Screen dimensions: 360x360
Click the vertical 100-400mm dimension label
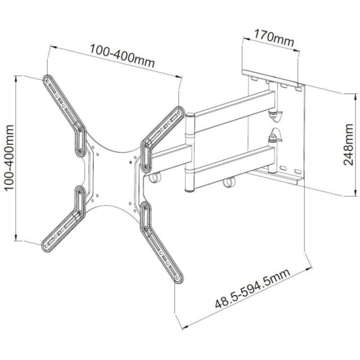(x=8, y=157)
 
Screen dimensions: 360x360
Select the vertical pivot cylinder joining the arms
(x=188, y=152)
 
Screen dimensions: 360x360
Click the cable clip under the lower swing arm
(x=227, y=183)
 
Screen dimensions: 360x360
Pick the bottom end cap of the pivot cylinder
(x=188, y=190)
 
